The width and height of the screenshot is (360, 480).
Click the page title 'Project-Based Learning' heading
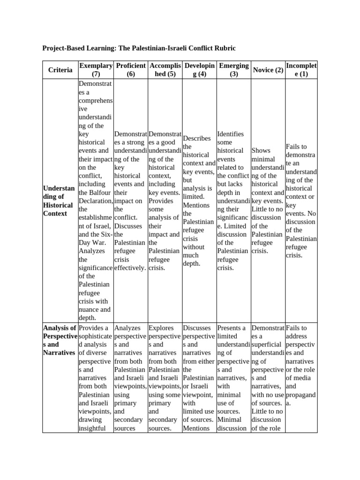139,48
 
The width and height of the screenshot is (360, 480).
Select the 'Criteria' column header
60,70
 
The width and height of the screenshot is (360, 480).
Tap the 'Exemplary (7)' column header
96,70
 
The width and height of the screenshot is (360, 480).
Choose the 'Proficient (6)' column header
130,70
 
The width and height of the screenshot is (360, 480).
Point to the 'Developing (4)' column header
199,70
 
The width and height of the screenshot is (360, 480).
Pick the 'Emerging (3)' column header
233,70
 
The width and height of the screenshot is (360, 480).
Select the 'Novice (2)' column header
267,70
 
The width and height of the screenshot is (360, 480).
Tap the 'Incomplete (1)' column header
301,70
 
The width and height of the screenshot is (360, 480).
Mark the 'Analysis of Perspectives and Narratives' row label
60,340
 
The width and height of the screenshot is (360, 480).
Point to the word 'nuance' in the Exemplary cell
89,309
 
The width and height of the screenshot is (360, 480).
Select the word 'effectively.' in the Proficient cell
130,268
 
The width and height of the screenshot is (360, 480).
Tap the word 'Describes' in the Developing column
197,138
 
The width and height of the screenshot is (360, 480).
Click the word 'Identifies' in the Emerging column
231,134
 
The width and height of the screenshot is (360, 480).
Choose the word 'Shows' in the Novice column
261,150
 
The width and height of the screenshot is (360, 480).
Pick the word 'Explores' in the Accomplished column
160,328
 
